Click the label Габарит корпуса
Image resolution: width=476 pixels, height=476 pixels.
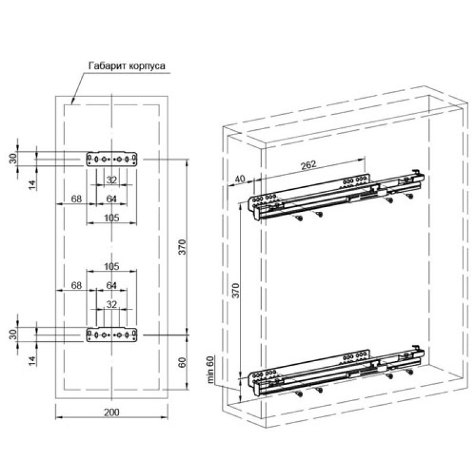[x=127, y=66]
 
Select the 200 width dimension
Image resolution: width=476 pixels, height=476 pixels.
[x=112, y=412]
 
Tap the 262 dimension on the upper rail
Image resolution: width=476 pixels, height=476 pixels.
[x=308, y=165]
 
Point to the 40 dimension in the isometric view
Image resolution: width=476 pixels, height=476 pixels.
[x=240, y=179]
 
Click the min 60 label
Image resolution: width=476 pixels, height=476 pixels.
[x=210, y=369]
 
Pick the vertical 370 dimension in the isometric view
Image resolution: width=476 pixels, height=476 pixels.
[x=236, y=290]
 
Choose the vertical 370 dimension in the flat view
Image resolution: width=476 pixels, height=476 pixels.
[x=182, y=247]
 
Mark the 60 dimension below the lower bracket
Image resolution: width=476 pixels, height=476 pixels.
[x=182, y=362]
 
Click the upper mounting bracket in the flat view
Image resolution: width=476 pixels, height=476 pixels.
[x=112, y=159]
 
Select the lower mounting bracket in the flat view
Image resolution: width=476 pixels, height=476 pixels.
[x=112, y=335]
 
